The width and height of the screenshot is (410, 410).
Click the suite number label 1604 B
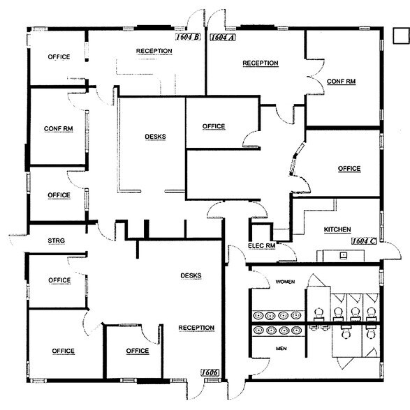click(188, 37)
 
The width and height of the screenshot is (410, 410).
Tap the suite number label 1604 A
click(223, 38)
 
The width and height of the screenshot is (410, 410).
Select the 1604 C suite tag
click(364, 241)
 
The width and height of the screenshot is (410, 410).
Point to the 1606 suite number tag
click(210, 372)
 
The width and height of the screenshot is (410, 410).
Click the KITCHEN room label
click(337, 229)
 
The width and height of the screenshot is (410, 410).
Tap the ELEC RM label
click(261, 245)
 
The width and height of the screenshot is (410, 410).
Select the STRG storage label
click(57, 241)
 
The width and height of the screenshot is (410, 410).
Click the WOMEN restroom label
click(285, 282)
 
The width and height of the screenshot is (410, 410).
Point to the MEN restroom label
click(281, 349)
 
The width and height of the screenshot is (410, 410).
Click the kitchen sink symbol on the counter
click(344, 255)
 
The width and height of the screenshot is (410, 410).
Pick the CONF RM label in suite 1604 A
click(341, 82)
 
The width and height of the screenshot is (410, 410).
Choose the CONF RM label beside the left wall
click(59, 129)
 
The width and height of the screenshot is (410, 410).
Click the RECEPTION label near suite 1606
click(196, 328)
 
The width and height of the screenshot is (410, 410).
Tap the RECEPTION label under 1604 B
click(154, 51)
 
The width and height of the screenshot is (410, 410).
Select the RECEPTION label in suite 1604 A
click(261, 63)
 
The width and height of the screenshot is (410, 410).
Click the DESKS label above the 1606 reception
click(191, 275)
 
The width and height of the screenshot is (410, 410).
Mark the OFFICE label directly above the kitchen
click(349, 169)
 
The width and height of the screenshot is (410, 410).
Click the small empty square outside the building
click(402, 36)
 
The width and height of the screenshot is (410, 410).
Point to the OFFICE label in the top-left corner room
click(59, 57)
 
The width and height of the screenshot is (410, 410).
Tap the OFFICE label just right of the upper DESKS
click(214, 127)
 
